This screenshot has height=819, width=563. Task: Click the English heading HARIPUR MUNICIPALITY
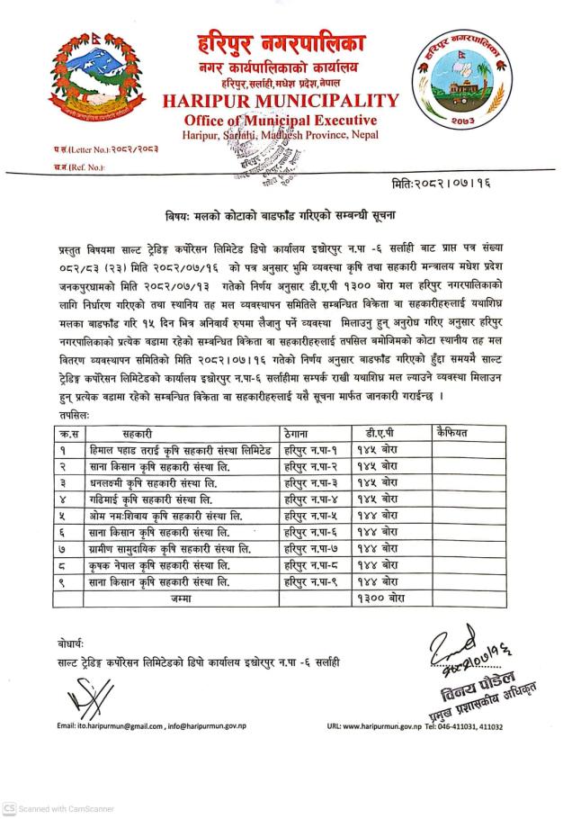pyautogui.click(x=280, y=99)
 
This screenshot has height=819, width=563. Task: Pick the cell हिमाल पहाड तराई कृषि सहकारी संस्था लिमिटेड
pyautogui.click(x=175, y=448)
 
